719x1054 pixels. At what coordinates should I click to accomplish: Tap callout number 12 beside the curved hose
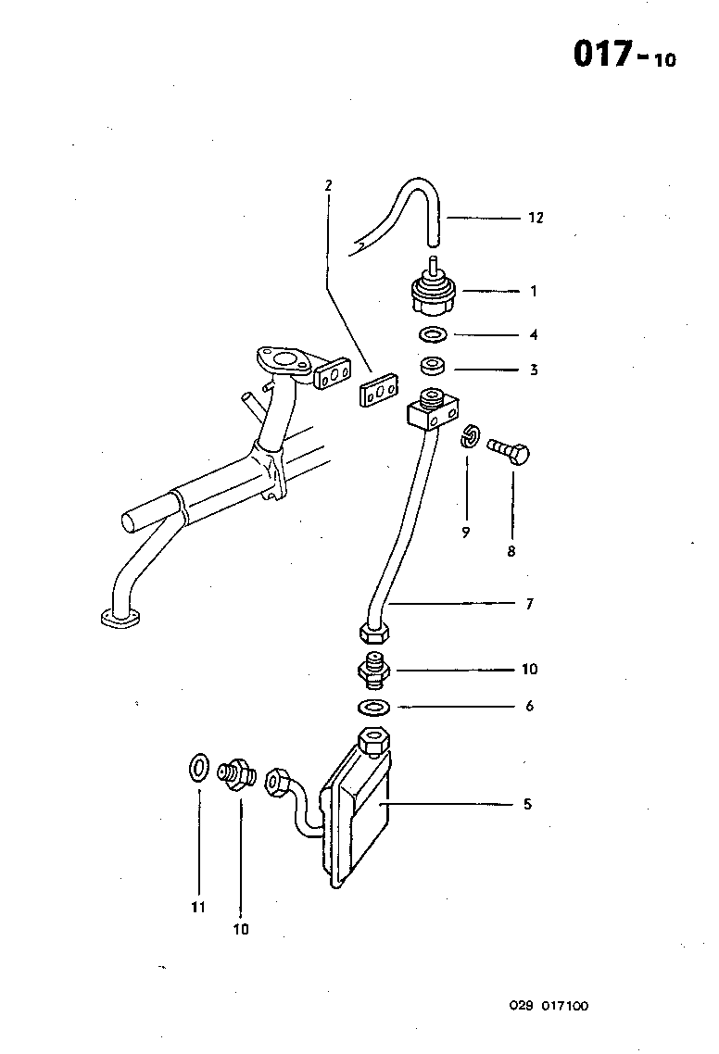coord(536,219)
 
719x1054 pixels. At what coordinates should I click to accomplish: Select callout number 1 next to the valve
coord(534,291)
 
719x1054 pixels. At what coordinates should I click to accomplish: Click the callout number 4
coord(534,335)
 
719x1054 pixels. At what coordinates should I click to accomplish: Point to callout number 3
coord(534,370)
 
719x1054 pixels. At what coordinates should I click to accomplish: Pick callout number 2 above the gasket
coord(328,185)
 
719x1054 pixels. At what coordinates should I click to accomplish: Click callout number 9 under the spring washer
coord(466,532)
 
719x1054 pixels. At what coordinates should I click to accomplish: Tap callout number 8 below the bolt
coord(511,551)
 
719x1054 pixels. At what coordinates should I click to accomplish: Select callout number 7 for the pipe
coord(529,605)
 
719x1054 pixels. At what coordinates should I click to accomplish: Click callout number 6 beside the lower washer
coord(529,707)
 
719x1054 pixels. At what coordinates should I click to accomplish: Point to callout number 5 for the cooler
coord(527,804)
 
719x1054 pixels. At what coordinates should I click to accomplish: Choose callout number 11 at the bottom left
coord(198,908)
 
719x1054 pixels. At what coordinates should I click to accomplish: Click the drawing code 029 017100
coord(548,1006)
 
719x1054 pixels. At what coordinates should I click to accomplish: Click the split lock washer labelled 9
coord(470,435)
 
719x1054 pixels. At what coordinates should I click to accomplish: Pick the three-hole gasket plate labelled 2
coord(376,392)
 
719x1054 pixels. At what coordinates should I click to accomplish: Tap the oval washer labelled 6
coord(372,708)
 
